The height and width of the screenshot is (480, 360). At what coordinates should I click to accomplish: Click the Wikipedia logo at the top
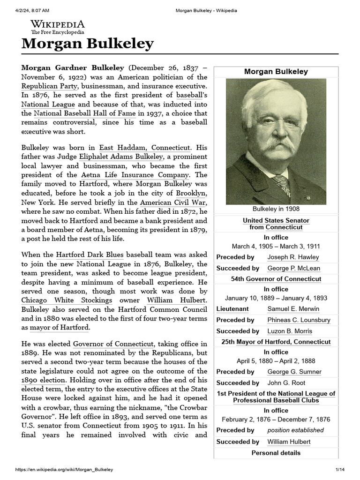[x=58, y=27]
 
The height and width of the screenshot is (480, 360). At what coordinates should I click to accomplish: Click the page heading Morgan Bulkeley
[x=88, y=44]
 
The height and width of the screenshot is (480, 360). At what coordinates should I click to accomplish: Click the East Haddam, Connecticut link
[x=145, y=147]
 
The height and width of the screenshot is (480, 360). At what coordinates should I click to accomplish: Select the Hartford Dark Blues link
[x=90, y=255]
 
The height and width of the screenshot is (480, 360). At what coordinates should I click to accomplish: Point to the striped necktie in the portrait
[x=282, y=184]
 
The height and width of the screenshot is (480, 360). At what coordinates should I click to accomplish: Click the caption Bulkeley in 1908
[x=276, y=209]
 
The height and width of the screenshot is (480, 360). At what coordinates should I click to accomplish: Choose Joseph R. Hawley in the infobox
[x=293, y=257]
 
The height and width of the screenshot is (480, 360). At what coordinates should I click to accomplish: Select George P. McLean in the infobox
[x=293, y=268]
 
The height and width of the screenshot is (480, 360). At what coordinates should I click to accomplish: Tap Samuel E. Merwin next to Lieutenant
[x=293, y=309]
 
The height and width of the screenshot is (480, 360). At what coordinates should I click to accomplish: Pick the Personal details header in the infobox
[x=276, y=453]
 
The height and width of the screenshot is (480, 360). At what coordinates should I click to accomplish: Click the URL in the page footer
[x=64, y=469]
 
